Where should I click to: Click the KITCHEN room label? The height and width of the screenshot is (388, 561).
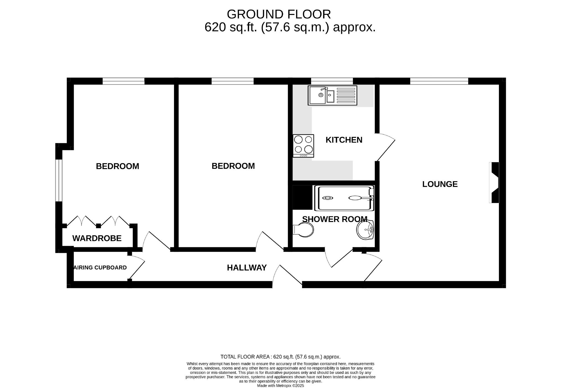[x=344, y=140]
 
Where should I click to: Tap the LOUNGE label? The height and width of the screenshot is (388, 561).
[x=440, y=184]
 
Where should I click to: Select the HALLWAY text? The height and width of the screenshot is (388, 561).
[x=247, y=268]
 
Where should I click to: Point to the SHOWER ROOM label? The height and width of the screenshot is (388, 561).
[x=335, y=219]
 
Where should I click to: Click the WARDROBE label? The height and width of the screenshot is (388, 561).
[x=97, y=238]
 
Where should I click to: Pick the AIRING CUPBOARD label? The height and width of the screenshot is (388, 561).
[x=100, y=268]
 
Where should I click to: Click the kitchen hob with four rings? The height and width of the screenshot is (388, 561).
[x=303, y=146]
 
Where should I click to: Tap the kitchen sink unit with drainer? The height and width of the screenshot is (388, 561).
[x=332, y=95]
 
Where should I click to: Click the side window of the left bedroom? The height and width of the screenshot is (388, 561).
[x=59, y=181]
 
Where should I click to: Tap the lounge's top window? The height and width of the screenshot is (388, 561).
[x=439, y=81]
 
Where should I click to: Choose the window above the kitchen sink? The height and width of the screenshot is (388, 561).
[x=332, y=81]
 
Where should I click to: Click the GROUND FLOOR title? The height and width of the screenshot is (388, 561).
[x=279, y=14]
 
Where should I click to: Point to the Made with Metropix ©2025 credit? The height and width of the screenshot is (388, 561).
[x=280, y=386]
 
